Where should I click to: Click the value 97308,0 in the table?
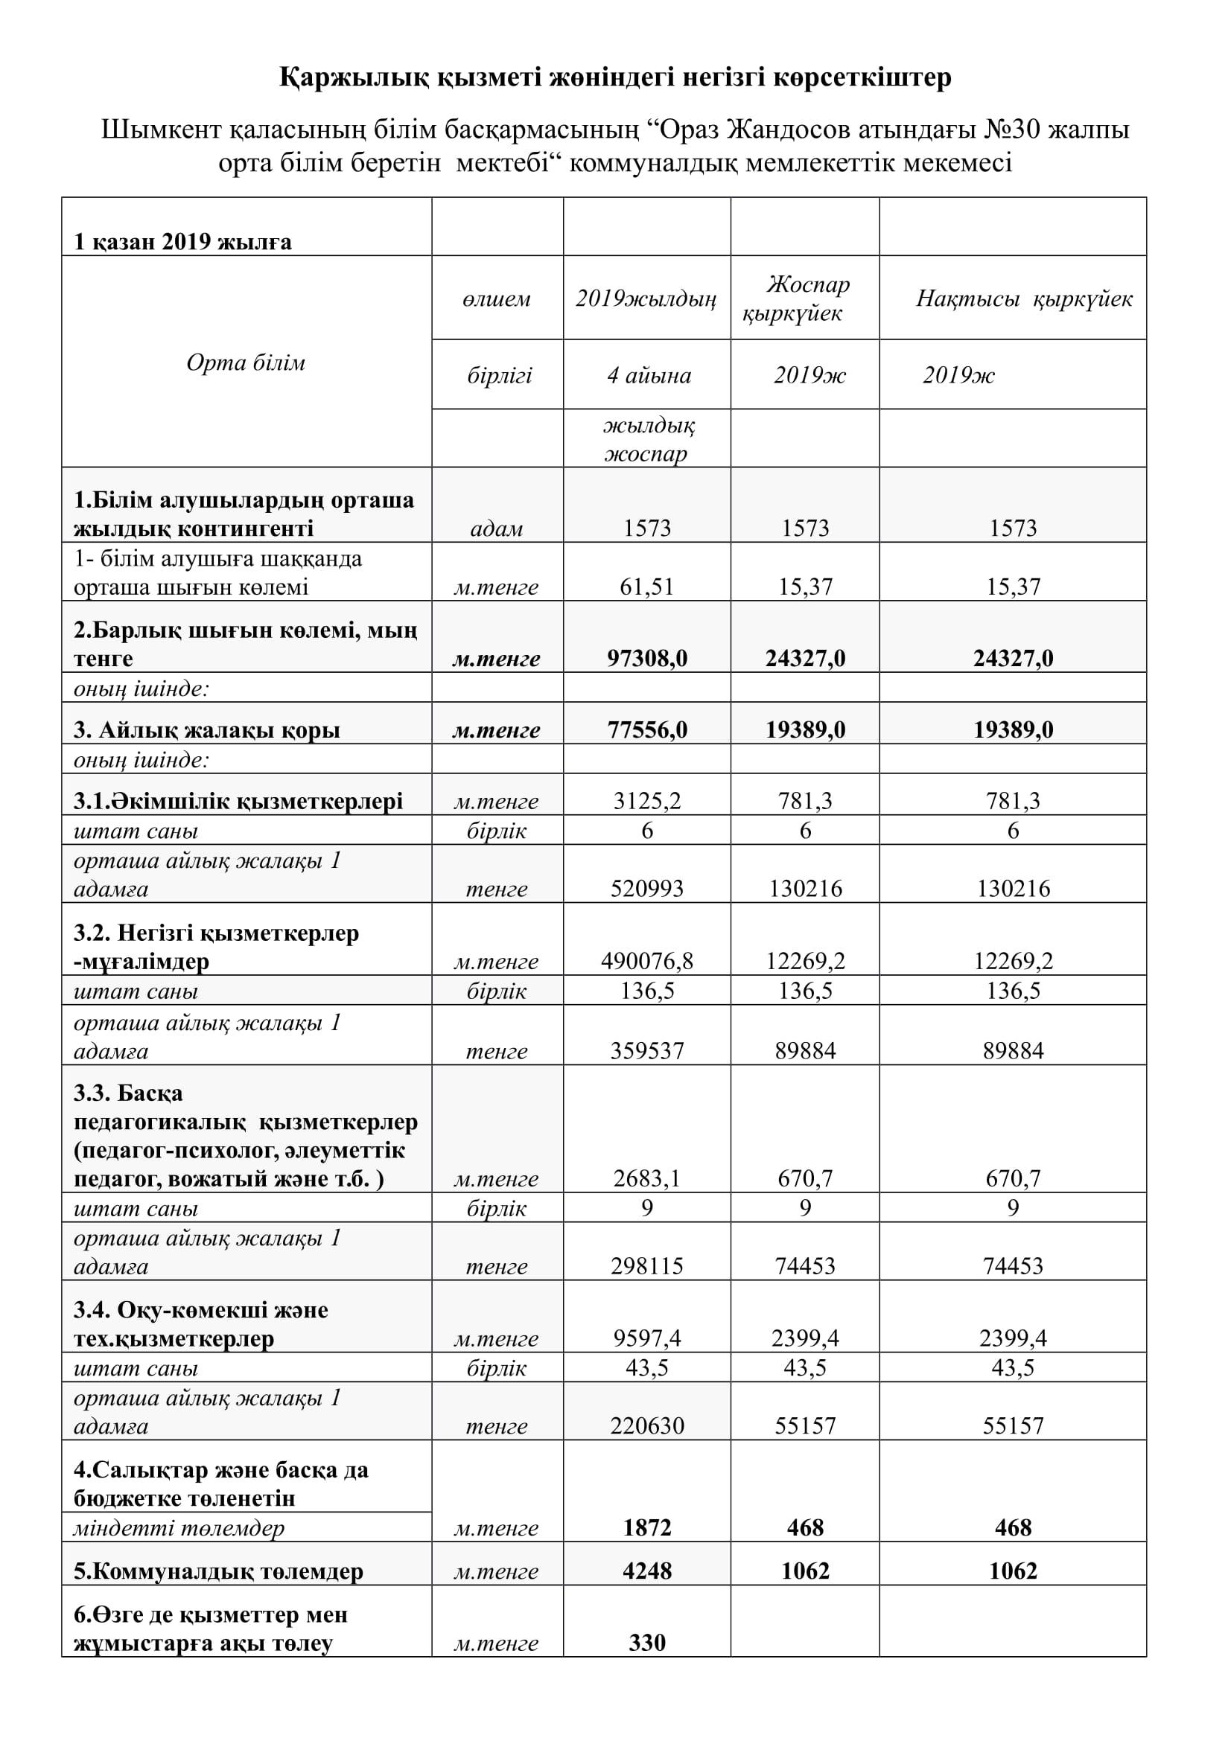pos(647,658)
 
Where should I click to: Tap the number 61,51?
pos(647,587)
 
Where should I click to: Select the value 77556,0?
pos(647,729)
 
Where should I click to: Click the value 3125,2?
pos(647,801)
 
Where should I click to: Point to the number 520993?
pos(647,888)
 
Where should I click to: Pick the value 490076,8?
pos(647,961)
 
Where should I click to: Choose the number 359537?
pos(647,1050)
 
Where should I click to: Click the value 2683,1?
pos(647,1178)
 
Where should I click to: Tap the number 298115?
pos(647,1265)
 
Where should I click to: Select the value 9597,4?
pos(647,1338)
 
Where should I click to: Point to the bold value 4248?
pos(647,1571)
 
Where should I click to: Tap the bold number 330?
pos(647,1643)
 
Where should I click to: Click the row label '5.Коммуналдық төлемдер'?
pos(218,1571)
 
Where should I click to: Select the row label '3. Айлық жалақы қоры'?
pos(206,729)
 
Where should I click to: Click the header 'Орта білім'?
pos(246,362)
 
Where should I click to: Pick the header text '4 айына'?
pos(649,375)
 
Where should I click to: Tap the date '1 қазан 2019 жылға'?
pos(182,242)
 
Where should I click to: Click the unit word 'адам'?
pos(497,528)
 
